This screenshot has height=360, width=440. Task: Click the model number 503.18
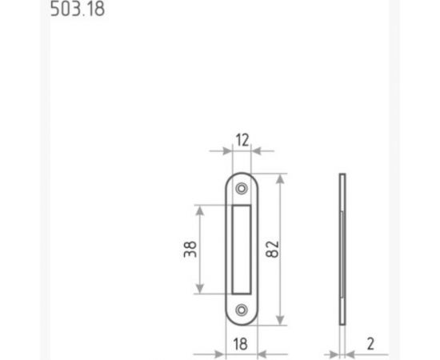click(x=78, y=9)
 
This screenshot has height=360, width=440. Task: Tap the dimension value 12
click(x=242, y=140)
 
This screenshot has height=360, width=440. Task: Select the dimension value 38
click(x=190, y=249)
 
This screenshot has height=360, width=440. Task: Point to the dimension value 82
click(x=272, y=249)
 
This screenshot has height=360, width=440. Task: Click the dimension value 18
click(x=241, y=344)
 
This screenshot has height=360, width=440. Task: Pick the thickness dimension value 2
click(x=370, y=344)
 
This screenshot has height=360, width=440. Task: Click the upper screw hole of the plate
click(x=242, y=188)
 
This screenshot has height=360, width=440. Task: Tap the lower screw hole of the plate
click(x=242, y=310)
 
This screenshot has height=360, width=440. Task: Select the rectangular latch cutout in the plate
click(x=242, y=250)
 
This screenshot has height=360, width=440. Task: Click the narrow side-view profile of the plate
click(x=342, y=249)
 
